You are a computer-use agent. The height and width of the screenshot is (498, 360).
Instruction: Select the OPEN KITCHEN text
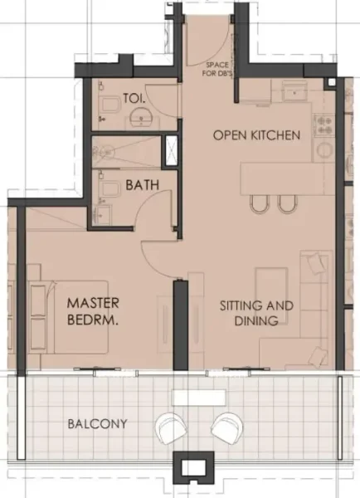point(255,134)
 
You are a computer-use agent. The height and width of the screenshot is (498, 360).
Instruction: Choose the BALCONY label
point(98,424)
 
